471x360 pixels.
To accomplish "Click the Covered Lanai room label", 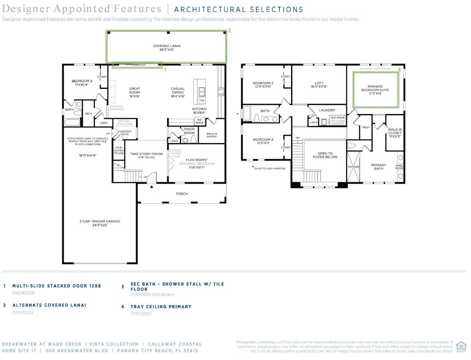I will (x=167, y=48).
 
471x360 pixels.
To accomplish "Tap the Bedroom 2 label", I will (x=82, y=83).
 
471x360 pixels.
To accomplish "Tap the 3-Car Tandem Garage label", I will (x=100, y=223).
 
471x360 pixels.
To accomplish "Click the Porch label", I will (x=182, y=194).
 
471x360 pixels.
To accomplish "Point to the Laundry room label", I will (x=327, y=110).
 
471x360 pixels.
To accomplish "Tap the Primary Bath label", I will (x=379, y=167).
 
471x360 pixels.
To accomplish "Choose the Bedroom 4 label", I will (x=263, y=141).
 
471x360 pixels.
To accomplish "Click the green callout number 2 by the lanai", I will (x=229, y=30).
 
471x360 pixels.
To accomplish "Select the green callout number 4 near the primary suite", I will (x=399, y=70).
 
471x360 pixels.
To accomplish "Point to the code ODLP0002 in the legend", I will (x=23, y=312).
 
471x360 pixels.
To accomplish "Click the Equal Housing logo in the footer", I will (x=460, y=346).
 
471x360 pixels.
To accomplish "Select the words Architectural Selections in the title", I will (x=239, y=9).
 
